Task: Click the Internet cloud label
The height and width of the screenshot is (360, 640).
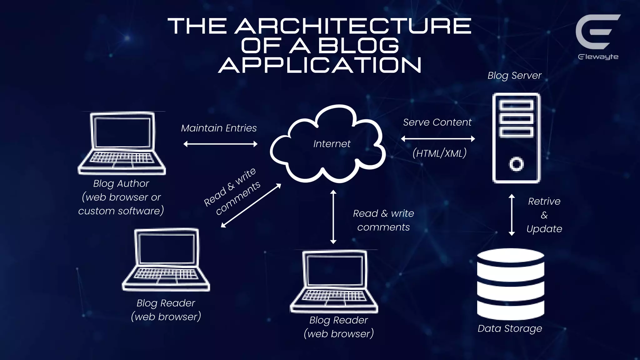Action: point(332,144)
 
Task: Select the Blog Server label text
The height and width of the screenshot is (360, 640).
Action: point(514,76)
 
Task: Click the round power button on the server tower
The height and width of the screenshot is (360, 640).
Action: point(516,164)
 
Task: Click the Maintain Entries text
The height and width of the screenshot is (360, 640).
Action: point(219,128)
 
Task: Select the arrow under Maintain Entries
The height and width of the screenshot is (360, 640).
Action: point(220,144)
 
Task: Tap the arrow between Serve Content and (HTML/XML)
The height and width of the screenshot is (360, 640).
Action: point(438,139)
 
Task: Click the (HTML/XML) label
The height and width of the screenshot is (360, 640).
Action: point(439,153)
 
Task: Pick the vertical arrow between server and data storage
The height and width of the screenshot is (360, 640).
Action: point(512,215)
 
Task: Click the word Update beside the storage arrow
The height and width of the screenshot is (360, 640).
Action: point(544,229)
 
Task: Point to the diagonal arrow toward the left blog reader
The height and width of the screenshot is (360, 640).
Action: point(251,206)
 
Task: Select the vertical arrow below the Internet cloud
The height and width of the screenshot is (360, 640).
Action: point(333,217)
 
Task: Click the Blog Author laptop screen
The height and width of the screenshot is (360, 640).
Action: point(122,132)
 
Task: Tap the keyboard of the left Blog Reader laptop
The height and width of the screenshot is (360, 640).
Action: point(166,274)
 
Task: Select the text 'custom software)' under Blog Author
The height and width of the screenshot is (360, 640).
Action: point(121,211)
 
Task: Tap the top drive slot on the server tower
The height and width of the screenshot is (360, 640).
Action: point(516,105)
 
